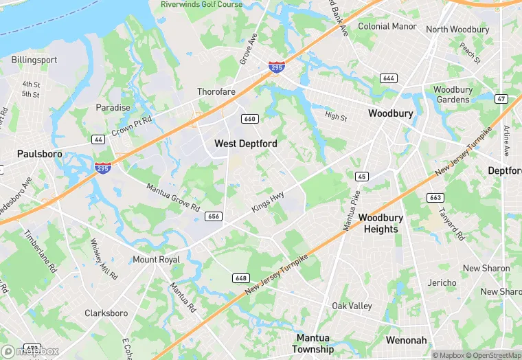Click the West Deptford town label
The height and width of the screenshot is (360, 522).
[x=246, y=144]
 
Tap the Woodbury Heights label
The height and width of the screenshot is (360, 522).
[x=381, y=223]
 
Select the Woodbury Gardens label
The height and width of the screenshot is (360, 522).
[x=452, y=95]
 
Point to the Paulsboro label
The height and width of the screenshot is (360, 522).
[x=39, y=154]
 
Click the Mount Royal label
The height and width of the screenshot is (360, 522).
[x=156, y=260]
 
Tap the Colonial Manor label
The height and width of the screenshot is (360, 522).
[x=387, y=27]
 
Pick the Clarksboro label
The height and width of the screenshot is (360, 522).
[x=106, y=313]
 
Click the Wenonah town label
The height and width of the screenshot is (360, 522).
[x=407, y=340]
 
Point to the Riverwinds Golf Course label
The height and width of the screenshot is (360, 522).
[x=201, y=4]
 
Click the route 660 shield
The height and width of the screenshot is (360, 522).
[x=249, y=120]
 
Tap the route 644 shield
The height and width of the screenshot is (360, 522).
[x=389, y=78]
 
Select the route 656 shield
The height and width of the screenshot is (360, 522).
[x=213, y=216]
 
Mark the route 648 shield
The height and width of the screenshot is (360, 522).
[x=240, y=278]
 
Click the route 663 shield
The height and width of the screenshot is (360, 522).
[x=435, y=198]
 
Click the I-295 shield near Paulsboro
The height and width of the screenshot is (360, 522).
[x=102, y=168]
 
